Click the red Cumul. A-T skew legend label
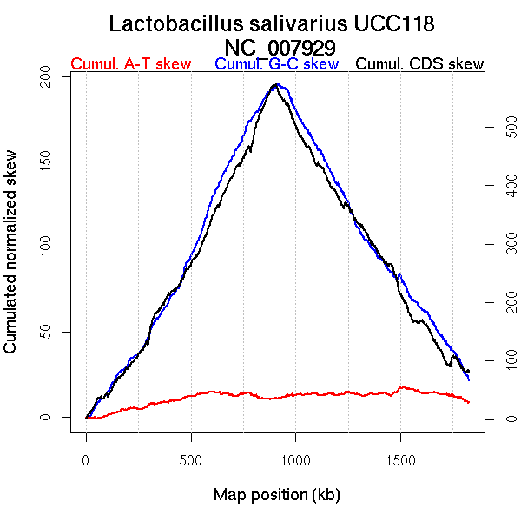[130, 64]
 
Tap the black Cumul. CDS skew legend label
[420, 64]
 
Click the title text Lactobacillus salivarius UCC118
[272, 23]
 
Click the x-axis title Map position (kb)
[276, 496]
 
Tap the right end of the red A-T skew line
[469, 402]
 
